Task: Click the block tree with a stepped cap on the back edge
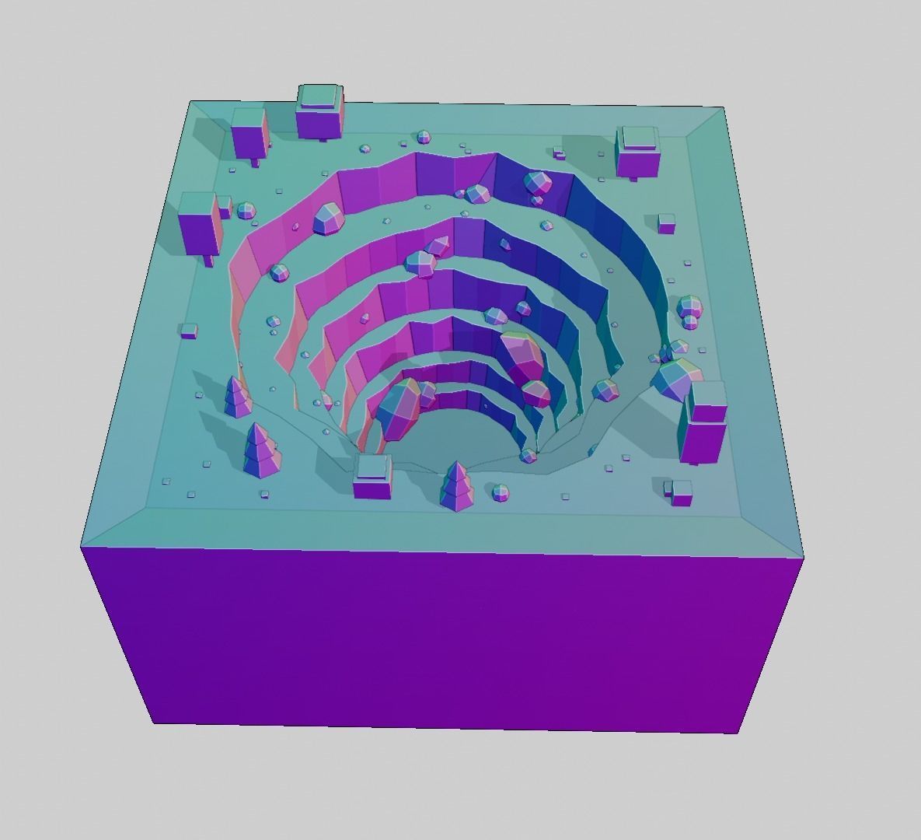click(x=319, y=112)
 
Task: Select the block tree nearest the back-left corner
click(x=249, y=132)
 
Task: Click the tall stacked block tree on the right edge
click(x=705, y=425)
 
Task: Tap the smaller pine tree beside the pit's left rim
click(x=236, y=397)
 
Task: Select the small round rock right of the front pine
click(x=501, y=492)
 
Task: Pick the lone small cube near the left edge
click(x=188, y=331)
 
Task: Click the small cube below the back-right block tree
click(x=666, y=223)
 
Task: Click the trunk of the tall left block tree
click(x=208, y=260)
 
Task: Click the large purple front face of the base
click(x=443, y=638)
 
